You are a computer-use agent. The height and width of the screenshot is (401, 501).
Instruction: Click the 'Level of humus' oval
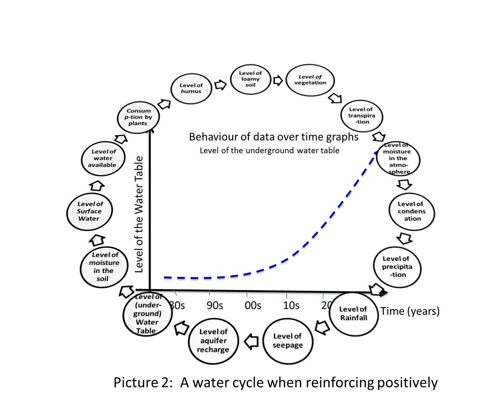pos(191,88)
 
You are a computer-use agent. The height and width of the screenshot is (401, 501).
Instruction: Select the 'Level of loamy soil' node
pos(251,79)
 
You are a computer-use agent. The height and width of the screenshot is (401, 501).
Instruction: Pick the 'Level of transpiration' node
pos(361,116)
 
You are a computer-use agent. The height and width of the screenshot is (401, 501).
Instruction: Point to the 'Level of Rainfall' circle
pos(354,313)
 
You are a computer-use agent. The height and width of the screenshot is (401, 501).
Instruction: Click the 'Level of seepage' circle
pos(288,340)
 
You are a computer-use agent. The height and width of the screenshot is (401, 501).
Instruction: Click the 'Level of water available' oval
pos(104,158)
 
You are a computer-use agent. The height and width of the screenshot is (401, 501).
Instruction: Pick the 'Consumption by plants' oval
pos(138,117)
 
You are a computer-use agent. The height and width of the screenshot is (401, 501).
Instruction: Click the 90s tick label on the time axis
pos(215,305)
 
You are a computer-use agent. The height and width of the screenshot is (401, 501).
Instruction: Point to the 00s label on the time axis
pos(253,305)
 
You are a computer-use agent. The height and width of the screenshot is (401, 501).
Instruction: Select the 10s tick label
pos(291,305)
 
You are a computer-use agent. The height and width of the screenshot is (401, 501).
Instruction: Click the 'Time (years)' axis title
pos(410,311)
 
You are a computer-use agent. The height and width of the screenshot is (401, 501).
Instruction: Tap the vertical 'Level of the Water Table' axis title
pos(139,214)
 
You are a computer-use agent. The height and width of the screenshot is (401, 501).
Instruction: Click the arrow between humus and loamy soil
pos(221,85)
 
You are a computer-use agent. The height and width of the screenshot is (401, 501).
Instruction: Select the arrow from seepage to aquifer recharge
pos(251,341)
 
